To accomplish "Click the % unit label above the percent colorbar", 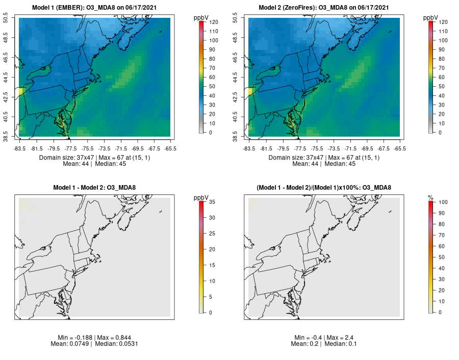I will pyautogui.click(x=430, y=197).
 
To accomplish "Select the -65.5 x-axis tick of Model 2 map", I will pyautogui.click(x=400, y=149).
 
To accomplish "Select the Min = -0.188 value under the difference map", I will pyautogui.click(x=74, y=338).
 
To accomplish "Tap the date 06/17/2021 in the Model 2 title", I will pyautogui.click(x=373, y=8).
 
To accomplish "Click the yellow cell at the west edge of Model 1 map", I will pyautogui.click(x=21, y=91).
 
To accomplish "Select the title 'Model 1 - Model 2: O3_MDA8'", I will pyautogui.click(x=95, y=188).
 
